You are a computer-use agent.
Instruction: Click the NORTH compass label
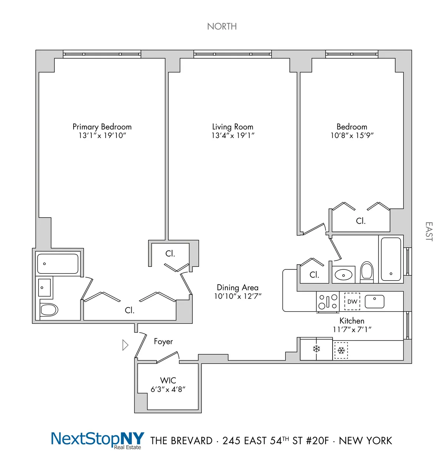[x=222, y=26]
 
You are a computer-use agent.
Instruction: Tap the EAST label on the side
[x=429, y=232]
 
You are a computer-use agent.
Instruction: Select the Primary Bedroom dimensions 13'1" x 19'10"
[x=102, y=135]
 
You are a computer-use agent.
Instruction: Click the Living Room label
[x=233, y=127]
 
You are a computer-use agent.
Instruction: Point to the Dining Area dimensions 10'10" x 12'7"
[x=238, y=296]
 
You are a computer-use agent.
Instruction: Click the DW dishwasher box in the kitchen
[x=352, y=302]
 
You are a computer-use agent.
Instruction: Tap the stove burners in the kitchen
[x=328, y=302]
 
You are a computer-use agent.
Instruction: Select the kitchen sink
[x=374, y=301]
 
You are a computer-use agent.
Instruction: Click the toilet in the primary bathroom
[x=49, y=309]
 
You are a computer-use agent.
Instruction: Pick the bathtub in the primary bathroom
[x=58, y=264]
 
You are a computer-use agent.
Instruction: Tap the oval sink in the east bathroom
[x=343, y=275]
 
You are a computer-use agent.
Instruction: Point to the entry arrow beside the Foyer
[x=125, y=345]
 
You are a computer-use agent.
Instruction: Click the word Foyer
[x=163, y=341]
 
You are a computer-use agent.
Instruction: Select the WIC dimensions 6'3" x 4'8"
[x=168, y=389]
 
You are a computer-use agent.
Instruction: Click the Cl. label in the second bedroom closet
[x=361, y=221]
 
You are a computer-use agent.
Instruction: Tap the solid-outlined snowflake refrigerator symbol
[x=316, y=349]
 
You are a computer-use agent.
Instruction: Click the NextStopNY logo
[x=97, y=440]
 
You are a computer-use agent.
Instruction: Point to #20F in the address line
[x=316, y=440]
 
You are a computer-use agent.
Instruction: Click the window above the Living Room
[x=232, y=54]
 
